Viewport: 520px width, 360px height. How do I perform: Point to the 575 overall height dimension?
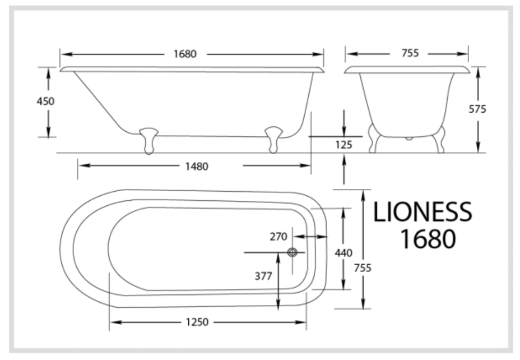(x=477, y=109)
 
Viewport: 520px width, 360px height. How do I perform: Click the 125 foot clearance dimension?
(x=343, y=145)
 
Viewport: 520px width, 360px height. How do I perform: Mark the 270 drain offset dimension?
(x=278, y=236)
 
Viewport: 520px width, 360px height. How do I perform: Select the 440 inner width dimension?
(x=343, y=253)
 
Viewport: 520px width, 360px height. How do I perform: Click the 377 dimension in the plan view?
(x=263, y=276)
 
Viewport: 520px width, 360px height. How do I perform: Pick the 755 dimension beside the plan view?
(x=363, y=267)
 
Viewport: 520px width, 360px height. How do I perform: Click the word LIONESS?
(x=422, y=213)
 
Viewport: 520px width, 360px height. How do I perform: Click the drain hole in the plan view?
(x=292, y=252)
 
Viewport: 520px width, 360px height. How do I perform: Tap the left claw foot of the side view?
(x=148, y=140)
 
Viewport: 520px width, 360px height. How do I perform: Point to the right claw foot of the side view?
(x=273, y=140)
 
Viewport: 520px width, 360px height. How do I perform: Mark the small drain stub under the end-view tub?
(x=408, y=137)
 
